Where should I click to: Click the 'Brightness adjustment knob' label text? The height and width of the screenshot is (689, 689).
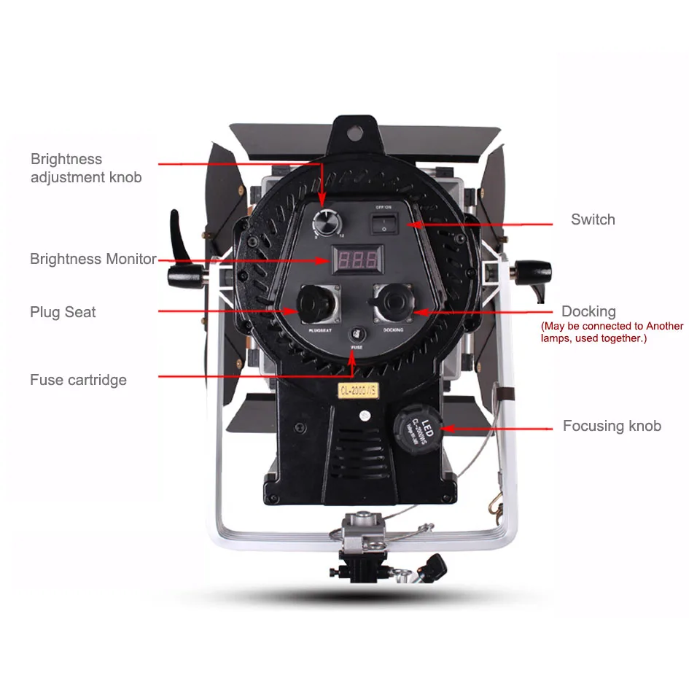(x=86, y=168)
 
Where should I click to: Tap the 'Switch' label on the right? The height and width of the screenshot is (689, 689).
(x=593, y=219)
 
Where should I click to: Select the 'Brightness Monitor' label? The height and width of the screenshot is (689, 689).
(x=93, y=259)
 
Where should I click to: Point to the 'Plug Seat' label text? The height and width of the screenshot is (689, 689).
(x=63, y=312)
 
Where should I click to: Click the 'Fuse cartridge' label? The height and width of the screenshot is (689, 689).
(x=78, y=380)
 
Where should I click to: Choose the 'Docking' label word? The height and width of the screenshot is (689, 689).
(x=588, y=312)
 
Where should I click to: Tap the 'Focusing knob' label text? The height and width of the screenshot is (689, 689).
(x=612, y=426)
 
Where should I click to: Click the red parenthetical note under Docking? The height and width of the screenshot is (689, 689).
(x=612, y=332)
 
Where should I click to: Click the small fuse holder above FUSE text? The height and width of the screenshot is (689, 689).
(x=356, y=335)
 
